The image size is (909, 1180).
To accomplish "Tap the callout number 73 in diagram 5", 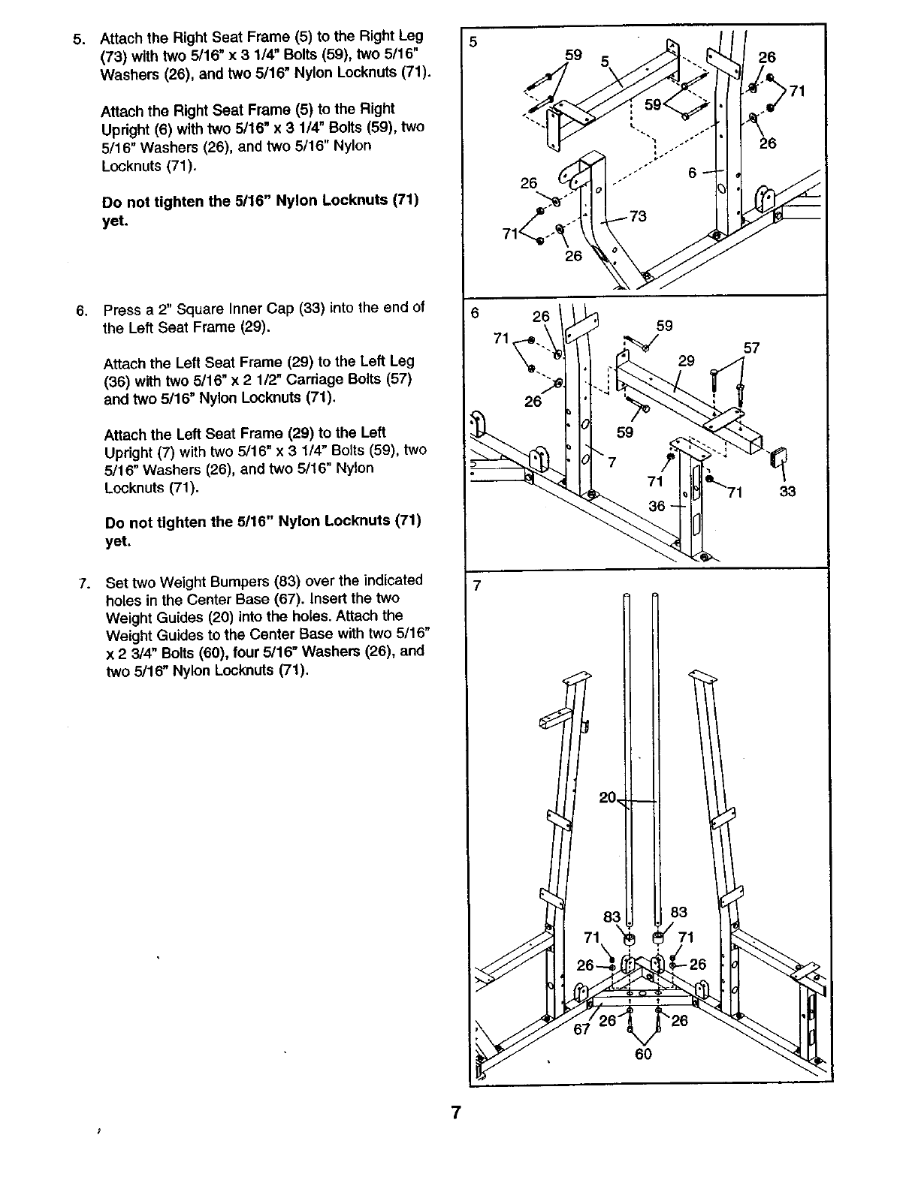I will click(638, 217).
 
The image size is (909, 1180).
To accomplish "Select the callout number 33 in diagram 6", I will click(787, 492).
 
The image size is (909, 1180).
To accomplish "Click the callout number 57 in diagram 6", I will click(751, 348).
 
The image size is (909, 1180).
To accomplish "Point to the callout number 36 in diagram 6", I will click(657, 506).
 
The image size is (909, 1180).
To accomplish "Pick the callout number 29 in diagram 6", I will click(686, 360).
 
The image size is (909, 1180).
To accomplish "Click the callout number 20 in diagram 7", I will click(608, 797).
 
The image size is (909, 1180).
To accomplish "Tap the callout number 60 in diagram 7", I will click(643, 1053).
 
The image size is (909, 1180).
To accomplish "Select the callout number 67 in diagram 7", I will click(582, 1029).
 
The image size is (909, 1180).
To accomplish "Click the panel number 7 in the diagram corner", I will click(475, 586).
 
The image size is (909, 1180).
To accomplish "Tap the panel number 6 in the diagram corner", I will click(474, 314).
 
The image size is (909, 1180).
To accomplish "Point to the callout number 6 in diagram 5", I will click(693, 172).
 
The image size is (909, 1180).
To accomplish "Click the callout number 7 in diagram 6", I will click(612, 462).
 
